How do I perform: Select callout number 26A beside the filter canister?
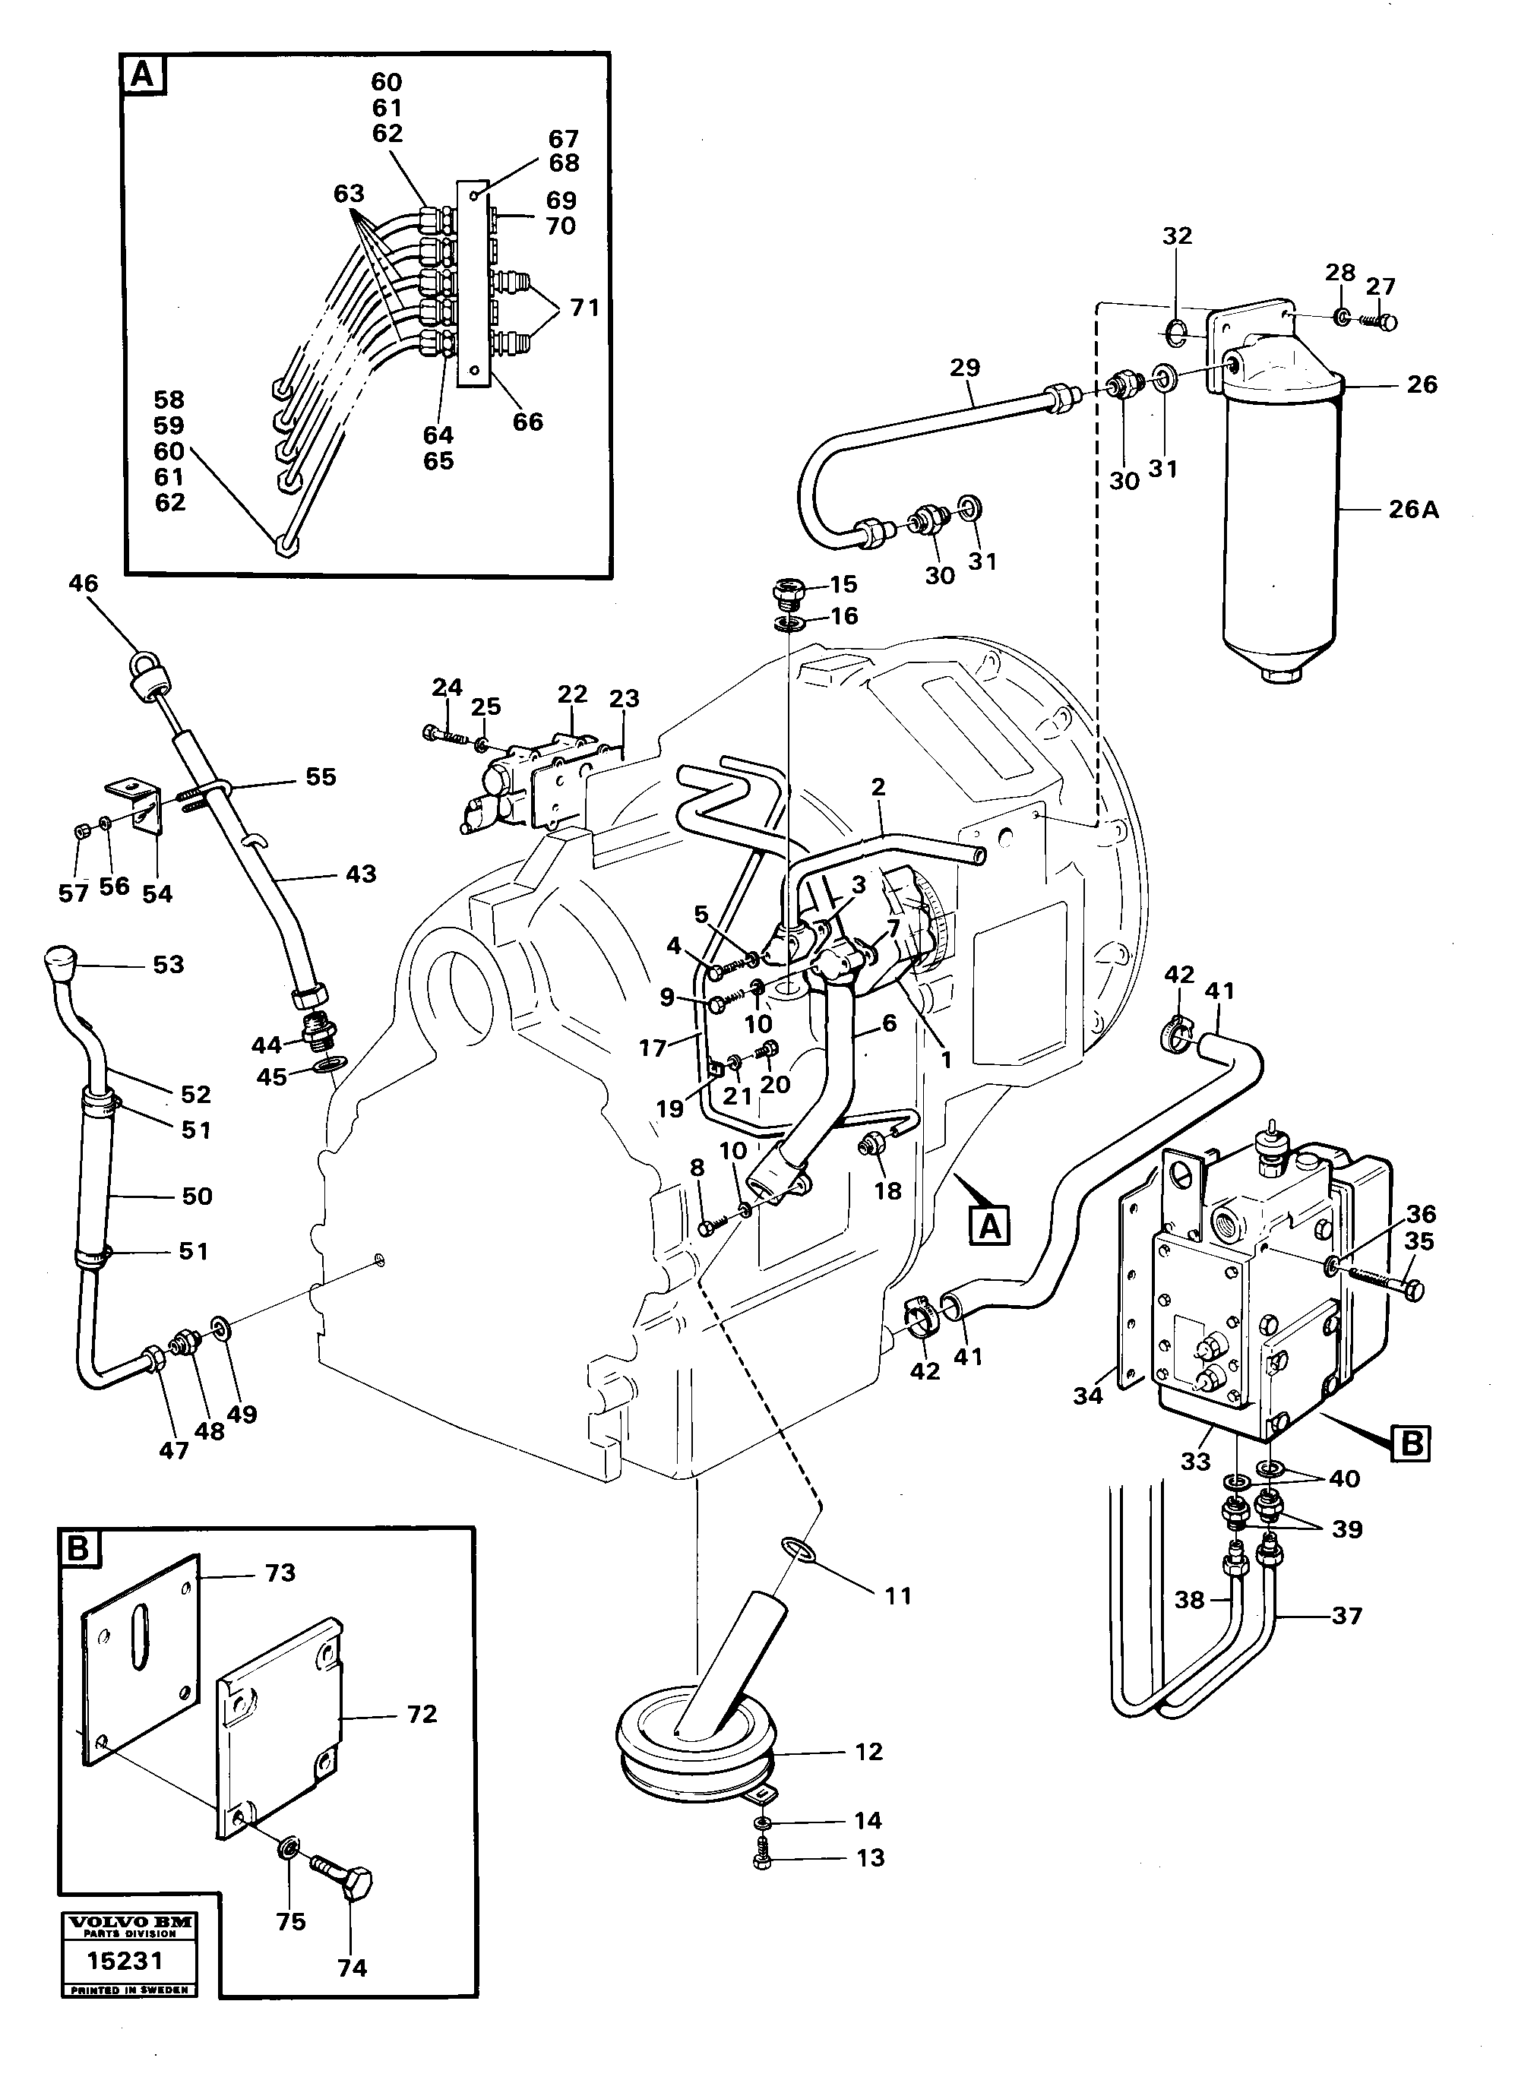[1413, 509]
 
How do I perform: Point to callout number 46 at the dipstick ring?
[83, 584]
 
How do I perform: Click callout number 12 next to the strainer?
[868, 1753]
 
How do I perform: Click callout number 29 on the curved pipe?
[964, 368]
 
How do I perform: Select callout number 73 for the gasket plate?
[280, 1574]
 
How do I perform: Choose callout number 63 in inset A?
[349, 194]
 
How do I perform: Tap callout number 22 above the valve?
[572, 694]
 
